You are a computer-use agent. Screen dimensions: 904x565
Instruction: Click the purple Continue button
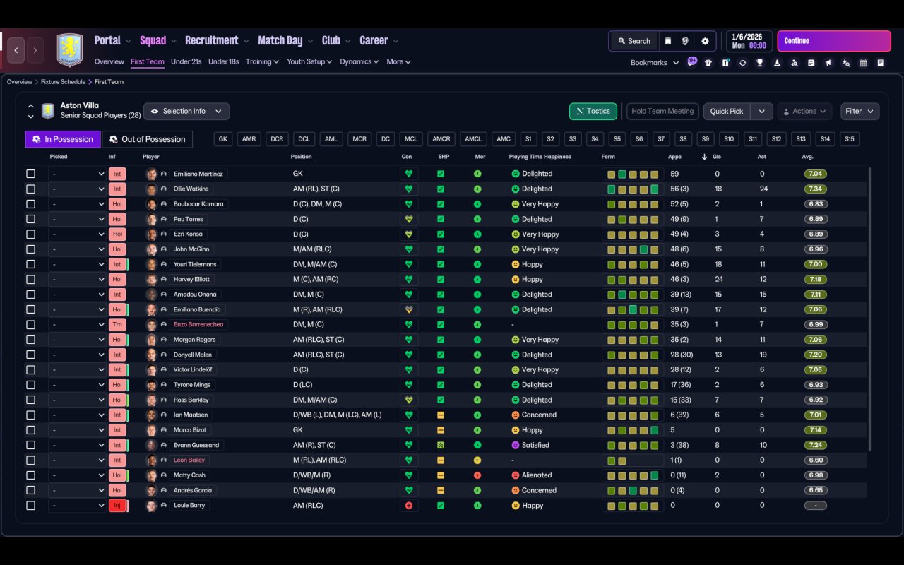click(834, 41)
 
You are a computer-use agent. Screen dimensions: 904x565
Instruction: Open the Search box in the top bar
click(634, 41)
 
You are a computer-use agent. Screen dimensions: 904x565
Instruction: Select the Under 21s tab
click(186, 61)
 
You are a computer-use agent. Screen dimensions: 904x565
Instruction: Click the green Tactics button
click(593, 112)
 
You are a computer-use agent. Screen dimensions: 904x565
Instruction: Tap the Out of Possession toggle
click(148, 139)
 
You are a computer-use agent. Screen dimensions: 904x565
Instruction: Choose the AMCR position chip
click(441, 139)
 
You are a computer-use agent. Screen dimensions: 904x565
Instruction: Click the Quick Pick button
click(727, 112)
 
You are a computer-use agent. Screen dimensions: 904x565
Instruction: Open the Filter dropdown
click(860, 112)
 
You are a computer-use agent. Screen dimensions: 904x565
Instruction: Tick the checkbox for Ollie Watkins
click(30, 189)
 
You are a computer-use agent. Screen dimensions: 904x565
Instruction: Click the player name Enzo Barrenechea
click(198, 324)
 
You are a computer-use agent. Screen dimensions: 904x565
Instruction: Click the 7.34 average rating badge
click(815, 189)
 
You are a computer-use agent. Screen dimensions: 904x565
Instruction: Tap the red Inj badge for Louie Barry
click(117, 505)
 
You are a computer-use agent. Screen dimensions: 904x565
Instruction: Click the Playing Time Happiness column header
click(540, 157)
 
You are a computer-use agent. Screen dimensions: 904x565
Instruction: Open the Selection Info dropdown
click(186, 112)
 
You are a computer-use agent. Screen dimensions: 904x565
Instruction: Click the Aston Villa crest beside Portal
click(70, 49)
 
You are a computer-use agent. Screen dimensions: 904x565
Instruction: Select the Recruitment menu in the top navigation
click(211, 41)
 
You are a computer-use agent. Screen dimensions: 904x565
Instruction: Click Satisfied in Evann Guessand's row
click(535, 445)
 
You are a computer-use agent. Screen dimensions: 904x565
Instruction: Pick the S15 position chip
click(850, 139)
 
